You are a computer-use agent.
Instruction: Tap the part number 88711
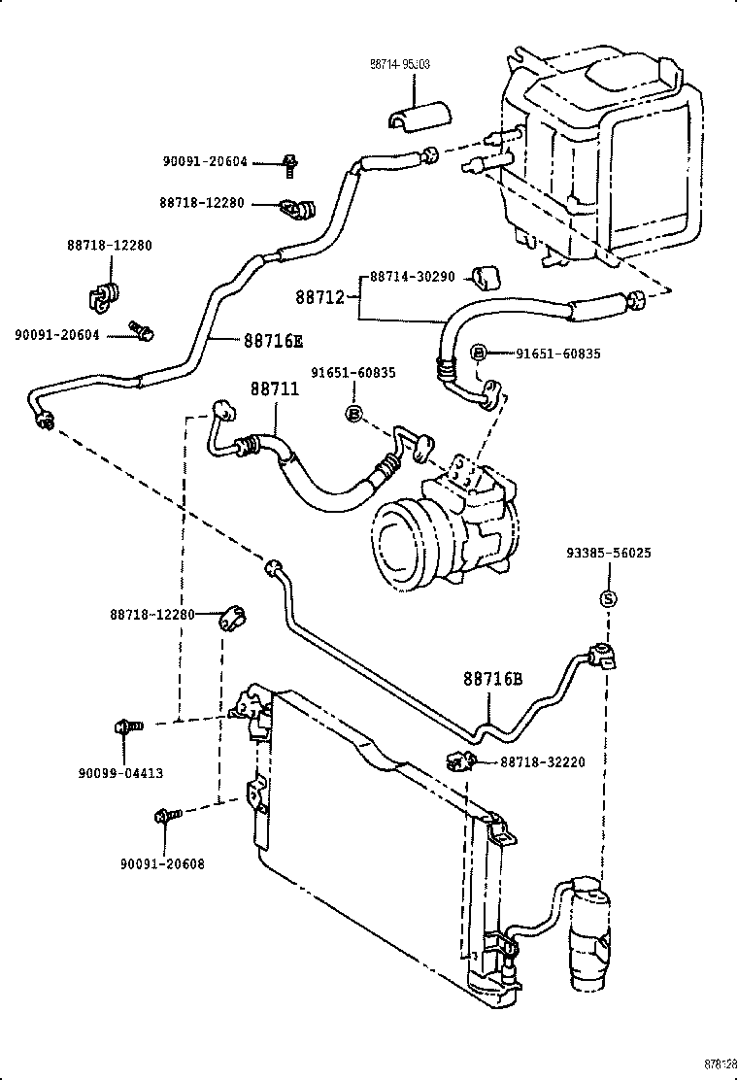[275, 388]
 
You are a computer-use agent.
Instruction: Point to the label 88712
[321, 294]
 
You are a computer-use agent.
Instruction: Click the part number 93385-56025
[608, 553]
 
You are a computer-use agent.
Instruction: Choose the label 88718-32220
[543, 762]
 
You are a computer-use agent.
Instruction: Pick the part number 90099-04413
[120, 773]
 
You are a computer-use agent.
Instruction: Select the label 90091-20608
[162, 863]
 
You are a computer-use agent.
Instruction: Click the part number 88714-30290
[413, 277]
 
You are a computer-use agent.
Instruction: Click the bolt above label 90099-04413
[127, 725]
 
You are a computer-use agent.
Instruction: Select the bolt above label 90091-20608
[164, 817]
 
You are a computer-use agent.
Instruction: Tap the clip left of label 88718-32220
[458, 760]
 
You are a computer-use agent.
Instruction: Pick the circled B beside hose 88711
[353, 414]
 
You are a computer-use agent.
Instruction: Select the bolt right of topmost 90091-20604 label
[289, 164]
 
